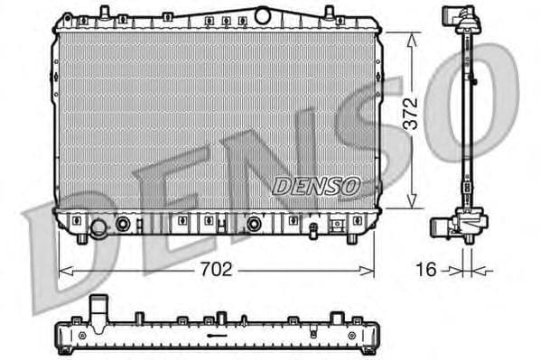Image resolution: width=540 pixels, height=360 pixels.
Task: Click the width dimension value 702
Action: pyautogui.click(x=217, y=269)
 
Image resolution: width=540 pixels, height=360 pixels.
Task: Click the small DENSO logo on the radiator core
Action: pyautogui.click(x=316, y=185)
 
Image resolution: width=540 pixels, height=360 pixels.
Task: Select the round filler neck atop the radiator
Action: pyautogui.click(x=263, y=14)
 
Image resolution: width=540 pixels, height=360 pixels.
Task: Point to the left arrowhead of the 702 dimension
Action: pyautogui.click(x=61, y=269)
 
